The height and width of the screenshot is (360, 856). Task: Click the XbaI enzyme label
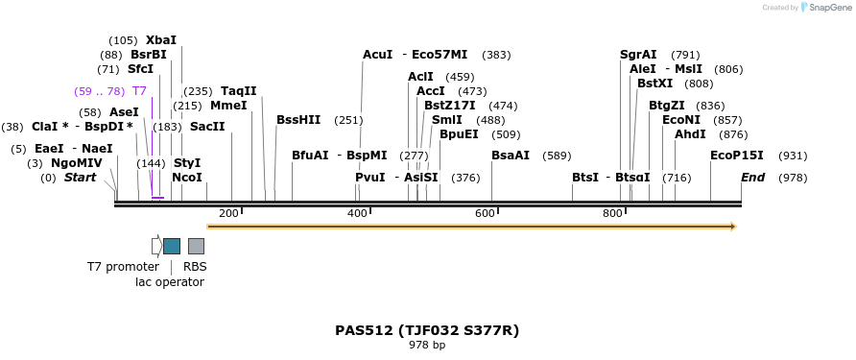(x=161, y=40)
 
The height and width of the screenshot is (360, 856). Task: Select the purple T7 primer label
(x=139, y=91)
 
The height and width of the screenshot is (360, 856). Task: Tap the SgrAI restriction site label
(x=638, y=55)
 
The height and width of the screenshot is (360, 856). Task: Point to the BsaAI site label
(x=511, y=156)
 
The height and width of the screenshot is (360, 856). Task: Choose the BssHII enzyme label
(x=298, y=120)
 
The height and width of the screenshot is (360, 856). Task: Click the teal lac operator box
(x=172, y=246)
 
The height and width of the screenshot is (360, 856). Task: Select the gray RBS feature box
(x=196, y=246)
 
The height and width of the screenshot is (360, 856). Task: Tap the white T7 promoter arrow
(x=156, y=246)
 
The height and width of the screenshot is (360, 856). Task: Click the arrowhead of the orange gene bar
(x=733, y=227)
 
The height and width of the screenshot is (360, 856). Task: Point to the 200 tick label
(x=228, y=213)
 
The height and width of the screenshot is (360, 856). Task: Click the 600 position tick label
(x=485, y=213)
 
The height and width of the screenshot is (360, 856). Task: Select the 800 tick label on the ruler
(x=612, y=213)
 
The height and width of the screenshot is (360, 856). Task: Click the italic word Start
(x=80, y=178)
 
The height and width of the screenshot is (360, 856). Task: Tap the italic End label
(x=752, y=178)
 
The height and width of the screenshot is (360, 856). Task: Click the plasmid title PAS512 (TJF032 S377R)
(x=427, y=330)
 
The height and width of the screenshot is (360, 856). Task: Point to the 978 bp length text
(x=427, y=345)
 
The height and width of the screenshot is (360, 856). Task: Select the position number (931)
(x=793, y=156)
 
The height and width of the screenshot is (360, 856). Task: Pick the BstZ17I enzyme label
(x=449, y=106)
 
